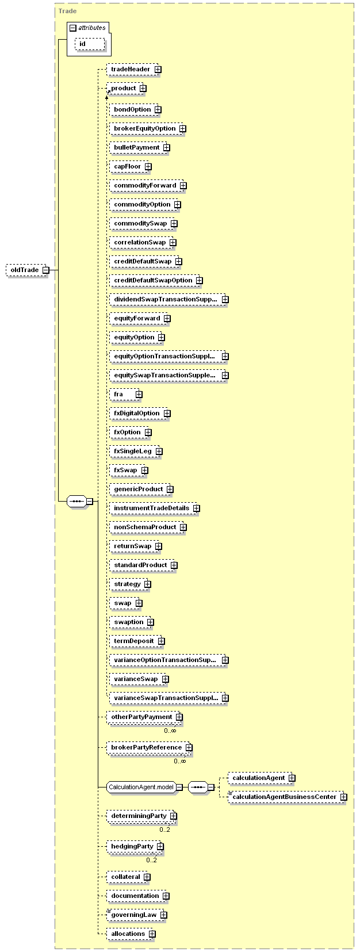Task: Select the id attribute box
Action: coord(90,44)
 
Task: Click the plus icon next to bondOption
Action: coord(158,110)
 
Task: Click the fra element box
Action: coord(126,395)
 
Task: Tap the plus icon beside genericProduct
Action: coord(170,489)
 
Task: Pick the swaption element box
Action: coord(132,622)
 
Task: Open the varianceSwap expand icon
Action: coord(166,679)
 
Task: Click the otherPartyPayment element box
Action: coord(144,717)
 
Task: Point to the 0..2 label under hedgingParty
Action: coord(151,860)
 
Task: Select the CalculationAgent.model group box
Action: coord(144,787)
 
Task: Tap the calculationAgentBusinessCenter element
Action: coord(288,797)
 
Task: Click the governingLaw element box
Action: coord(136,915)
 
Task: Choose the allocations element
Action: coord(131,934)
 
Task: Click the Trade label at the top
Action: coord(68,11)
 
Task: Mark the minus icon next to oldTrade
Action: coord(46,270)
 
